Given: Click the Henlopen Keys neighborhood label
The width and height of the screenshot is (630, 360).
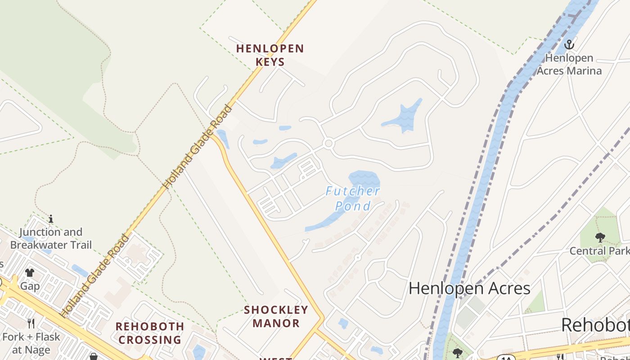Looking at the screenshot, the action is pyautogui.click(x=270, y=55).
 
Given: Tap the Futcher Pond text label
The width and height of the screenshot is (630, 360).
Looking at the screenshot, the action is pyautogui.click(x=353, y=198).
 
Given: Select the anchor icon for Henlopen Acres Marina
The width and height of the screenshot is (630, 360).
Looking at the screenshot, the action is pyautogui.click(x=570, y=45).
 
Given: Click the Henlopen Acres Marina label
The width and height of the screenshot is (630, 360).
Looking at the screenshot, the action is pyautogui.click(x=569, y=64).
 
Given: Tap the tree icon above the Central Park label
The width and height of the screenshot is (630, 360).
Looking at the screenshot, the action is pyautogui.click(x=600, y=237).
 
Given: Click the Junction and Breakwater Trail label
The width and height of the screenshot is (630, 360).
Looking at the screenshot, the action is pyautogui.click(x=51, y=238).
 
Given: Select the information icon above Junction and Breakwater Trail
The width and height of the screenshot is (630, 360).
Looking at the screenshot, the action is pyautogui.click(x=51, y=219).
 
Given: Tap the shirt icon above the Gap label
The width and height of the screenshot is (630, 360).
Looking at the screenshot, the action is pyautogui.click(x=30, y=272).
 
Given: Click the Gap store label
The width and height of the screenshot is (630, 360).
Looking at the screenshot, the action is pyautogui.click(x=30, y=286).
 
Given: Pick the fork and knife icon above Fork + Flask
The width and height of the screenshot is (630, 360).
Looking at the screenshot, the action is pyautogui.click(x=31, y=323).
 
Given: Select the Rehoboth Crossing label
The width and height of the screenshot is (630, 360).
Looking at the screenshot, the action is pyautogui.click(x=150, y=333).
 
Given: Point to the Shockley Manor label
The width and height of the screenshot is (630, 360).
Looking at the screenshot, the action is pyautogui.click(x=276, y=316).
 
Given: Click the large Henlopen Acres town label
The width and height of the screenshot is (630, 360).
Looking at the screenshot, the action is pyautogui.click(x=469, y=288).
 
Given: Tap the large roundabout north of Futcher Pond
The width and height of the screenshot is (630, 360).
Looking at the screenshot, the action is pyautogui.click(x=328, y=144).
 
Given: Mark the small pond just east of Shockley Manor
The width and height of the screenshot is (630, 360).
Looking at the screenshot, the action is pyautogui.click(x=343, y=323).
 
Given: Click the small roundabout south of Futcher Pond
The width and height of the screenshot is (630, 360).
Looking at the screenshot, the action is pyautogui.click(x=358, y=257).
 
